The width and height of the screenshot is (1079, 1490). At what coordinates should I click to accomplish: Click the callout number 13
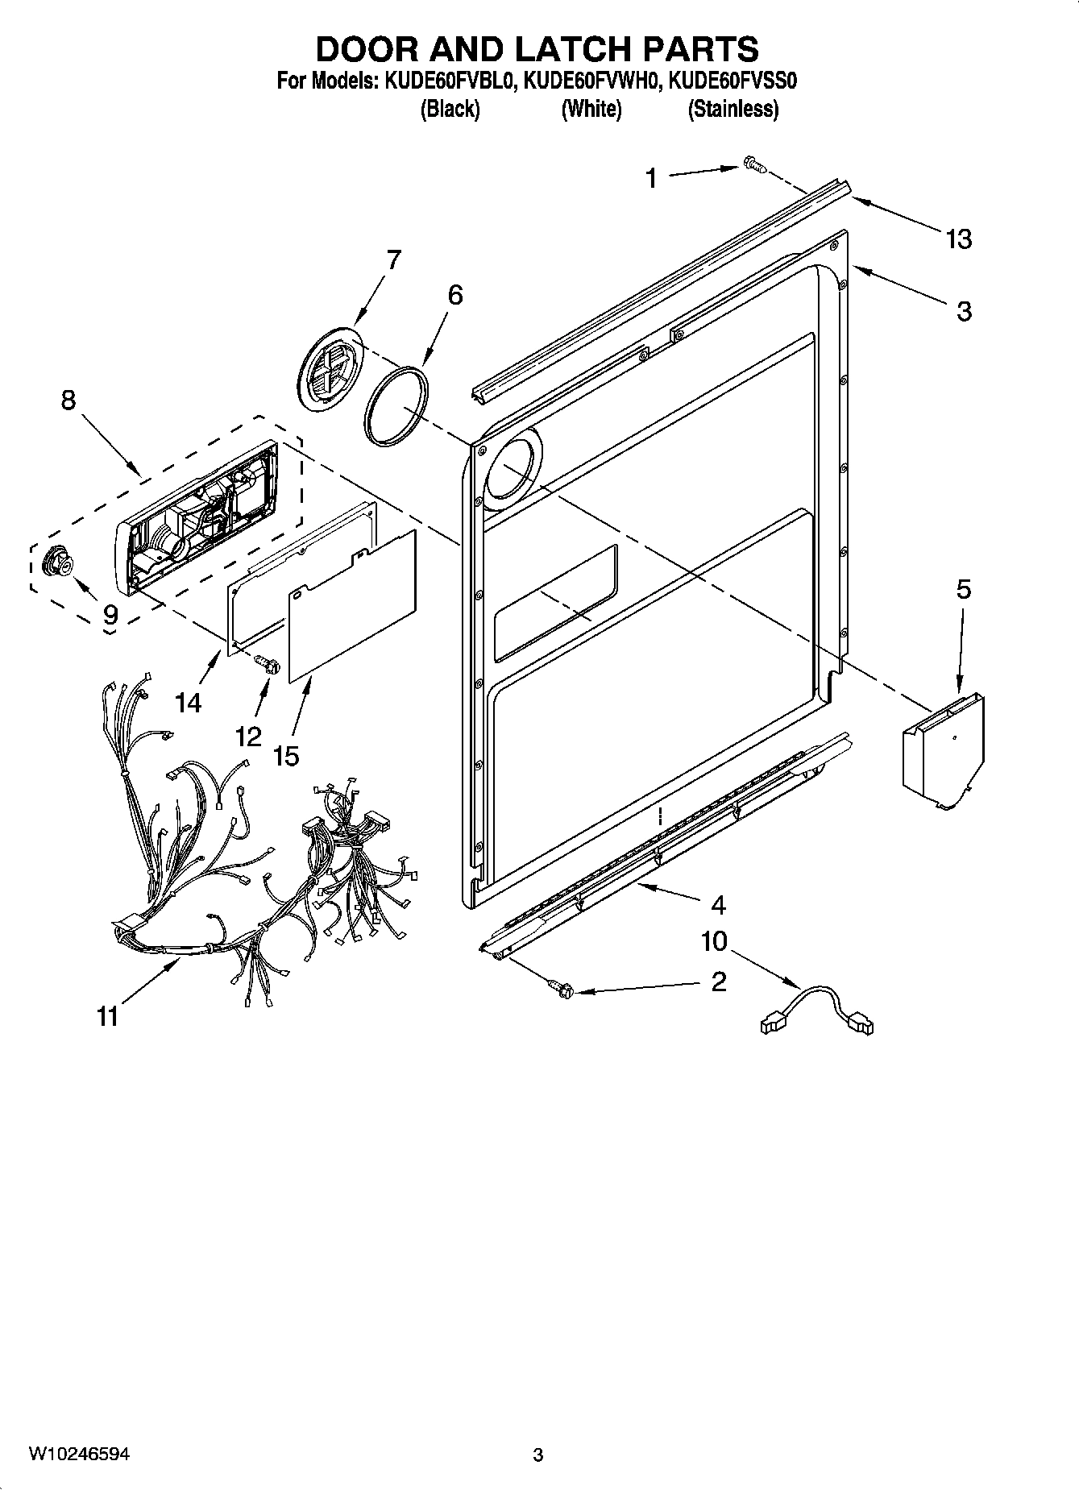pyautogui.click(x=959, y=239)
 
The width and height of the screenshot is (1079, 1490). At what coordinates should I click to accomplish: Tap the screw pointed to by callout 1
pyautogui.click(x=753, y=165)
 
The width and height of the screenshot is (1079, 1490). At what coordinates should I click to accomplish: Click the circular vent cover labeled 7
pyautogui.click(x=328, y=369)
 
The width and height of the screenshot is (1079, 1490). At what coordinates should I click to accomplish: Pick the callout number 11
pyautogui.click(x=107, y=1016)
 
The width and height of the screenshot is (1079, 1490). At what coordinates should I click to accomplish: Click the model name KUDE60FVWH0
pyautogui.click(x=591, y=81)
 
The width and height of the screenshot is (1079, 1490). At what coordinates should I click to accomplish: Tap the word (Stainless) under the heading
pyautogui.click(x=732, y=109)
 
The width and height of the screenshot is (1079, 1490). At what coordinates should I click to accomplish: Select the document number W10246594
pyautogui.click(x=78, y=1454)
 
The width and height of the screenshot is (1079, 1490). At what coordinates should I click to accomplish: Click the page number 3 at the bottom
pyautogui.click(x=538, y=1455)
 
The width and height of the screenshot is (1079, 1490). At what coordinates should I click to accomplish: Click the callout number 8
pyautogui.click(x=68, y=399)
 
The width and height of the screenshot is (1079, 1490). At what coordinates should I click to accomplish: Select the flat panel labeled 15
pyautogui.click(x=352, y=605)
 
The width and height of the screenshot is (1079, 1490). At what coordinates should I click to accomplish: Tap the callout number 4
pyautogui.click(x=718, y=905)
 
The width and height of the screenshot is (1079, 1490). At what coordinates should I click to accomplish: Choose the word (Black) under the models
pyautogui.click(x=450, y=109)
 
